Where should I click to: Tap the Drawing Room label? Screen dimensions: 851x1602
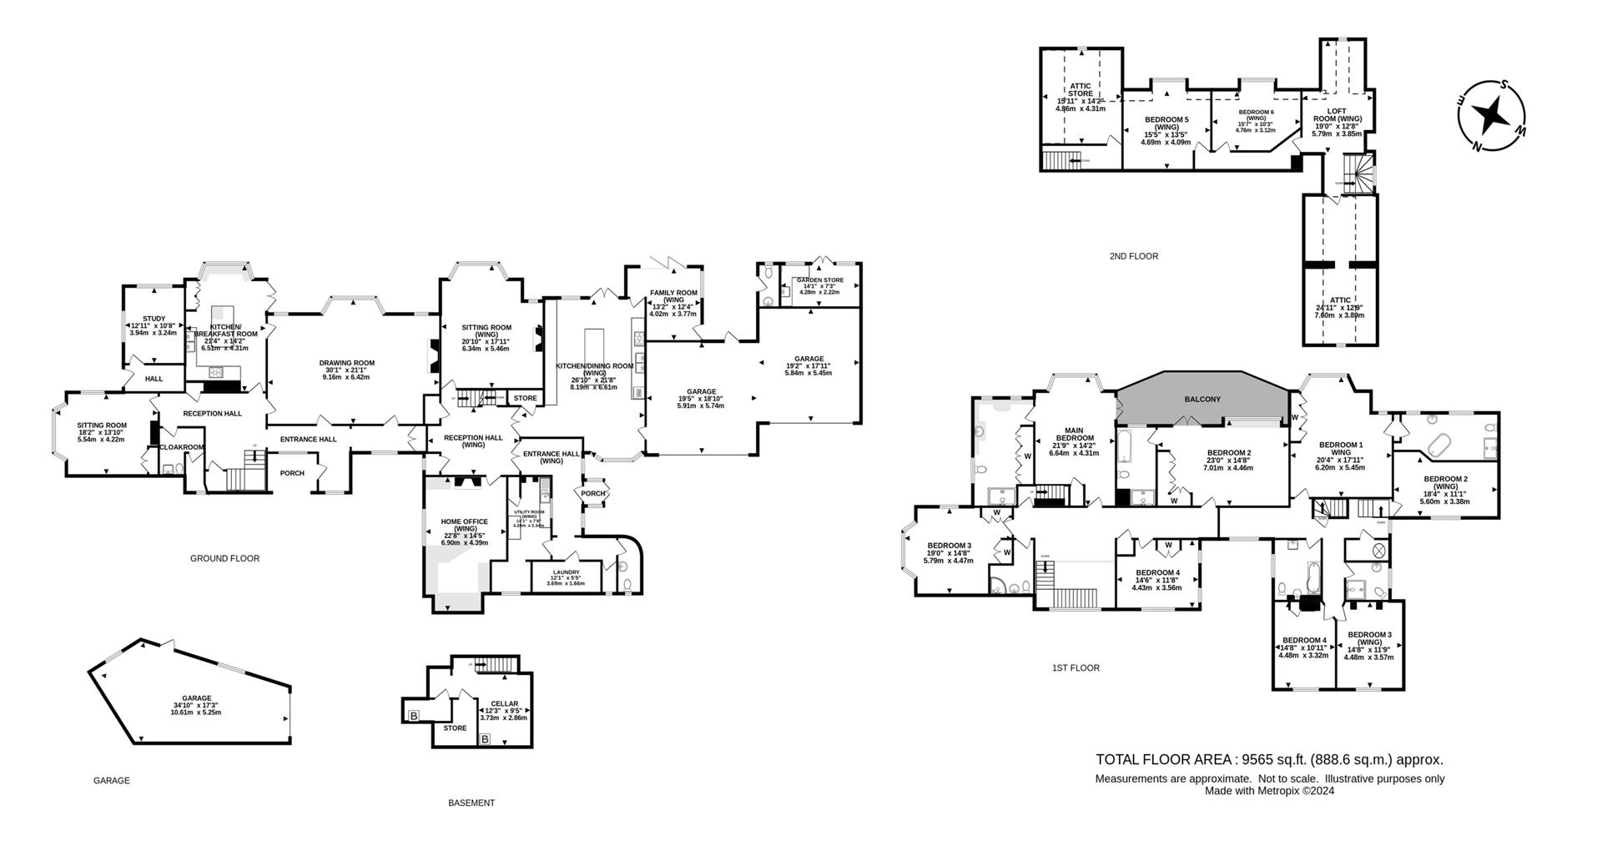(347, 363)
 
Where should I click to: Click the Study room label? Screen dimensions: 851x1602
(154, 319)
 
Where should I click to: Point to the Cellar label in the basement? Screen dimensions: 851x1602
(504, 704)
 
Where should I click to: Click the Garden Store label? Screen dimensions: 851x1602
(819, 280)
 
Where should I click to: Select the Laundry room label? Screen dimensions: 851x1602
(565, 572)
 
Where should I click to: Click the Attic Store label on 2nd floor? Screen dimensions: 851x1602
(1081, 89)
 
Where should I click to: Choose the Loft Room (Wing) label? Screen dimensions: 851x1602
(1337, 115)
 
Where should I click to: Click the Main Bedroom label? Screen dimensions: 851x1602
(1075, 434)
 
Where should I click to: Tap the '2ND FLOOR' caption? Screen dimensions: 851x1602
(1134, 256)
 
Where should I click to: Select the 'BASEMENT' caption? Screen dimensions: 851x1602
(471, 803)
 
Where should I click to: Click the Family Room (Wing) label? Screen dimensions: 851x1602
(673, 296)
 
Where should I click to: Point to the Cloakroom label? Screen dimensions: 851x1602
(182, 447)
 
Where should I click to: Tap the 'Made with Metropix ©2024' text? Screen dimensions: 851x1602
(1269, 790)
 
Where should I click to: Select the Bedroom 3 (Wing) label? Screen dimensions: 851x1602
(1368, 638)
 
